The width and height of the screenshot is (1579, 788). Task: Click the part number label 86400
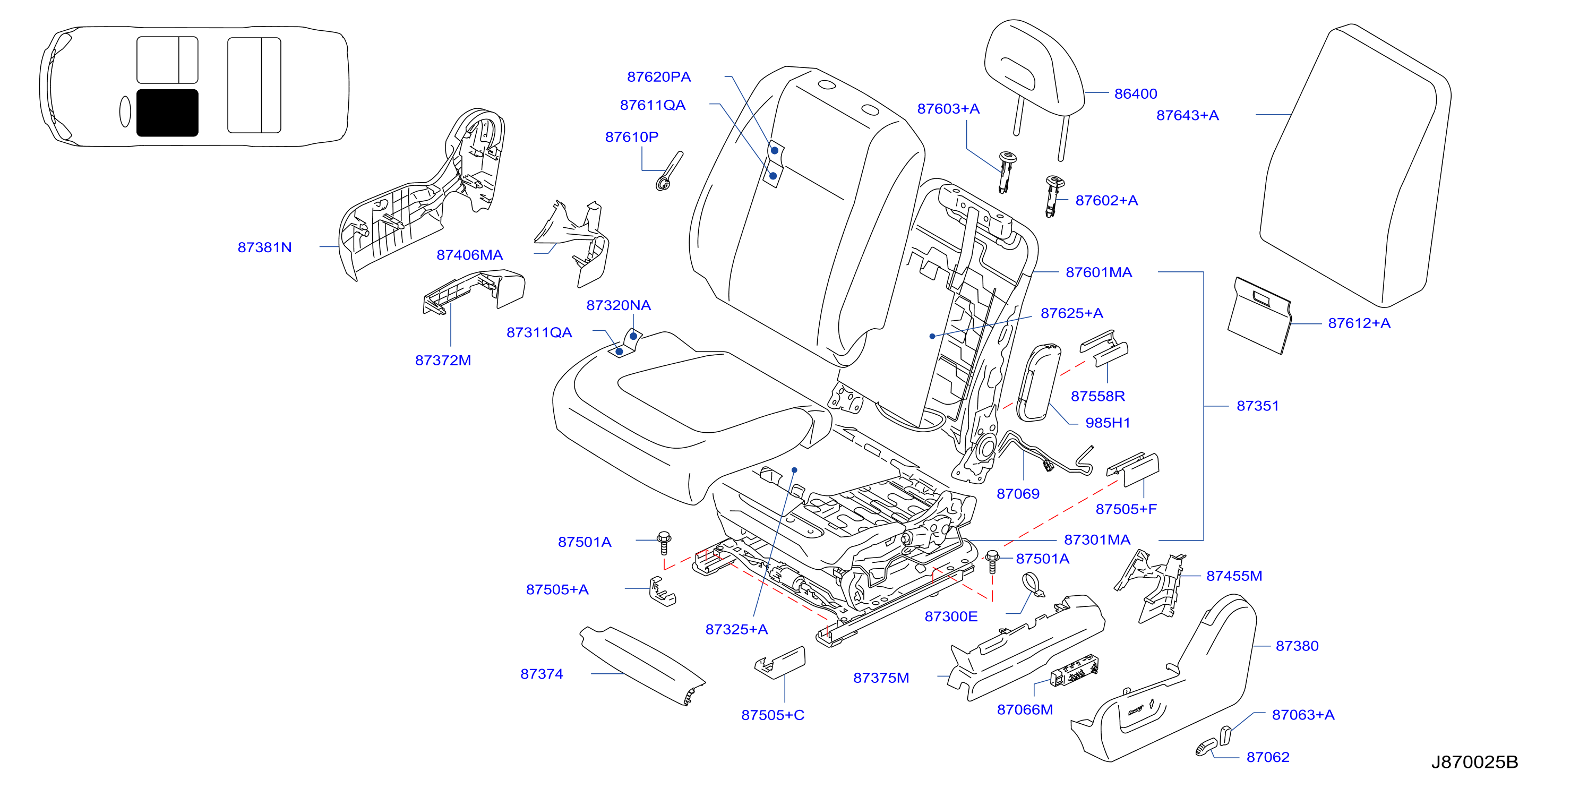point(1135,94)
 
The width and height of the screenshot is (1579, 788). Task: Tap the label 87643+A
point(1187,115)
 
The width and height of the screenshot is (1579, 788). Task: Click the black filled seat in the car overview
point(167,113)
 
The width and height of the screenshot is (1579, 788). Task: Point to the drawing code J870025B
point(1474,761)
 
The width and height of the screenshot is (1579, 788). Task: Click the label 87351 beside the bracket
point(1258,406)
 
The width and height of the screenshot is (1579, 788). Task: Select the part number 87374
point(542,674)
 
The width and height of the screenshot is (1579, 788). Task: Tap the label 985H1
point(1108,423)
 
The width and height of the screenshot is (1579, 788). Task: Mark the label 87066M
point(1025,709)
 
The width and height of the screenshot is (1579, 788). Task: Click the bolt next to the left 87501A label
point(664,543)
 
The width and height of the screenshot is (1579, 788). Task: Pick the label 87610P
point(632,137)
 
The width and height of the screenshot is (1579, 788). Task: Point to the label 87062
point(1268,757)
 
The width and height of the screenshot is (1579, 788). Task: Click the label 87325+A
point(737,629)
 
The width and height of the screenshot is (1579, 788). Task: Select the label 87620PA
point(659,76)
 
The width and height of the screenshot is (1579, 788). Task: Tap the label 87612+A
point(1359,323)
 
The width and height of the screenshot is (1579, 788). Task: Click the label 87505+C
point(773,715)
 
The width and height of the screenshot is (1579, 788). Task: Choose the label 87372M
point(443,360)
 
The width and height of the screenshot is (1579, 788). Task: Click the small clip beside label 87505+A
point(662,592)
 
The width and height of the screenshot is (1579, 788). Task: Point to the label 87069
point(1018,494)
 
